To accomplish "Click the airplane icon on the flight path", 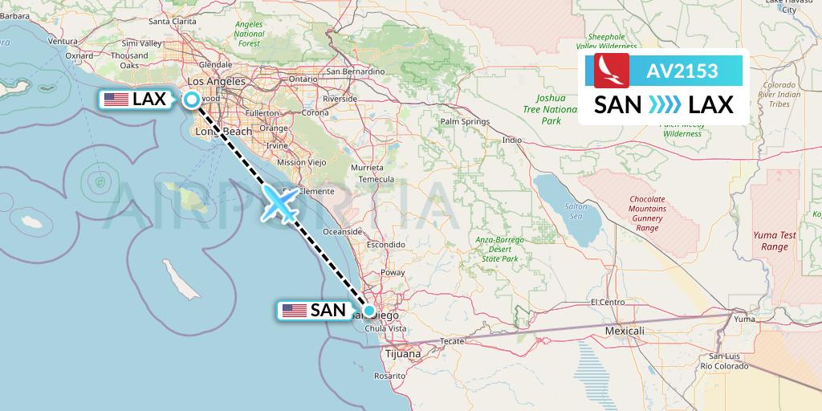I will (279, 205).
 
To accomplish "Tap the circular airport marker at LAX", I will (193, 100).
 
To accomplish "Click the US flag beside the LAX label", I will (116, 100).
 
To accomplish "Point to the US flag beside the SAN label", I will (294, 311).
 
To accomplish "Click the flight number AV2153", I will (682, 71).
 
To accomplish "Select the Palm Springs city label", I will (465, 122).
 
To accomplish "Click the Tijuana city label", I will (402, 353).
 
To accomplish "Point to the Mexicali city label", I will (625, 331).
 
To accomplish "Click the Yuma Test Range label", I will (775, 241).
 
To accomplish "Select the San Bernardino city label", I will (355, 71).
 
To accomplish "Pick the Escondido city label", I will (385, 244).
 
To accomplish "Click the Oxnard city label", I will (79, 55).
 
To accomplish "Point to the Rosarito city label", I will (389, 376).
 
